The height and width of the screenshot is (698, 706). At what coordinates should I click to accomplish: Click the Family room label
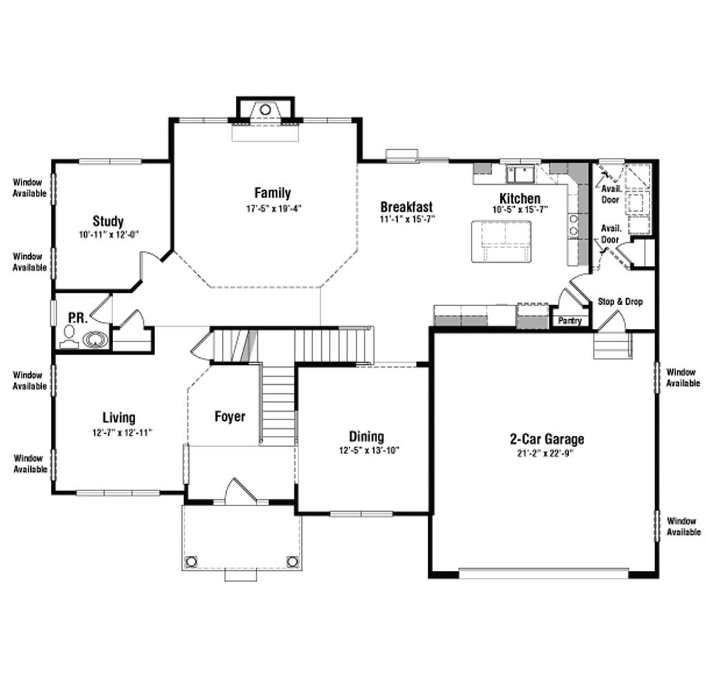click(x=272, y=192)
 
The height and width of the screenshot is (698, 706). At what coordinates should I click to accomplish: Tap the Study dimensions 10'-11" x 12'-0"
click(x=108, y=235)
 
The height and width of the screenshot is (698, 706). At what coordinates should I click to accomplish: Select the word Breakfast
click(x=407, y=207)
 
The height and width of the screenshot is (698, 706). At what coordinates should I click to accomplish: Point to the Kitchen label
click(x=520, y=198)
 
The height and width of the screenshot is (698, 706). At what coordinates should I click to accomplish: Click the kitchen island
click(x=501, y=241)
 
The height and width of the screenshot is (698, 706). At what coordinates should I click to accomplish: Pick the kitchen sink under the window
click(x=520, y=173)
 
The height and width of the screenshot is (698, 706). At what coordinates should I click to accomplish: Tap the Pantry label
click(x=570, y=321)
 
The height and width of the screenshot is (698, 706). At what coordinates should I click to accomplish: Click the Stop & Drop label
click(x=620, y=301)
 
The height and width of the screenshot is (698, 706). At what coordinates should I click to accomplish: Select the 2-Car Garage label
click(x=547, y=439)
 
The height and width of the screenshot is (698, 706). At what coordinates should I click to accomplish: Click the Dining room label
click(x=367, y=437)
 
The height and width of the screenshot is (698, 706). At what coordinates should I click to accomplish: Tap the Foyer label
click(x=230, y=417)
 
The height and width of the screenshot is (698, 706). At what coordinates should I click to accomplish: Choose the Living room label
click(x=119, y=417)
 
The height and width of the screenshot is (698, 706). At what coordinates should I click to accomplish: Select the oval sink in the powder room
click(x=95, y=339)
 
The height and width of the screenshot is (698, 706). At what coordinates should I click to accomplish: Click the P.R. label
click(x=77, y=318)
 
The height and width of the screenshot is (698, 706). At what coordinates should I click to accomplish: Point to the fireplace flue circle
click(x=265, y=110)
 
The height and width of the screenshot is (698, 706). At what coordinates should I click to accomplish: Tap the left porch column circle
click(x=191, y=561)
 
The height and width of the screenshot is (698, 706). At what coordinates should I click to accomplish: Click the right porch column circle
click(x=292, y=561)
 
